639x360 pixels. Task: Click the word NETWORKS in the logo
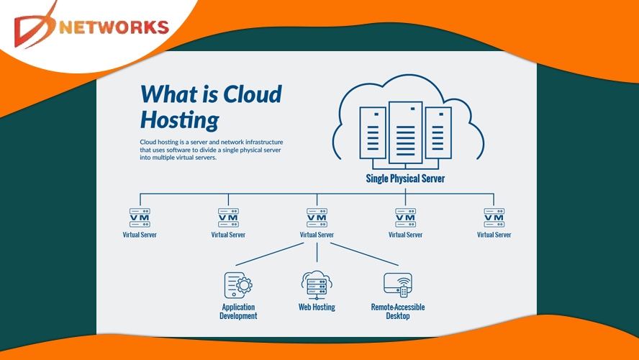[x=115, y=27]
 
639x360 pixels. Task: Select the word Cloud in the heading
[x=253, y=94]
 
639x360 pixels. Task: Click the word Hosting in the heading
[x=179, y=119]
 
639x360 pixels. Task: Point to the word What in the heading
[x=169, y=94]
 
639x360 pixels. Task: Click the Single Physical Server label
[x=405, y=178]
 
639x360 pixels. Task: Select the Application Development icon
[x=239, y=285]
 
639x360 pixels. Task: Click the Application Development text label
[x=239, y=311]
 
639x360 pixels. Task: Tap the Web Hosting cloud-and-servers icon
[x=317, y=284]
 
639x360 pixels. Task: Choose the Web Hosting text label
[x=317, y=307]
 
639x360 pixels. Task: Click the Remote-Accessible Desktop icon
[x=398, y=285]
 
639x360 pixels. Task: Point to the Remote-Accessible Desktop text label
[x=398, y=311]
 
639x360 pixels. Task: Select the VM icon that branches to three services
[x=317, y=217]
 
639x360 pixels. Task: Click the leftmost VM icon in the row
[x=140, y=217]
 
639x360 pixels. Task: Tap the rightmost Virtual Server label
[x=494, y=235]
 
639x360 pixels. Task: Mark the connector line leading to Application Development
[x=270, y=253]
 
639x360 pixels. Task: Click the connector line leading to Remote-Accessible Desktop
[x=363, y=253]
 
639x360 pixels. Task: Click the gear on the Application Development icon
[x=245, y=286]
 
